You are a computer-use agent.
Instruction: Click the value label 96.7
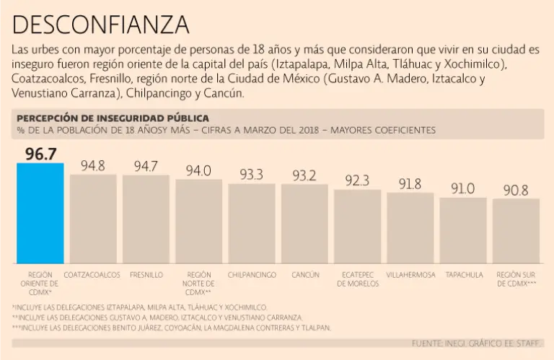[40, 154]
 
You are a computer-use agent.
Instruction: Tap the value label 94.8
[92, 166]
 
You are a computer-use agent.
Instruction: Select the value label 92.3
[357, 180]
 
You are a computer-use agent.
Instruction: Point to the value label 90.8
[516, 190]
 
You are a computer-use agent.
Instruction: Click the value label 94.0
[198, 170]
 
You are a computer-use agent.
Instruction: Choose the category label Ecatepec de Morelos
[358, 279]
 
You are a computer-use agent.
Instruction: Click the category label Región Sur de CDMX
[516, 279]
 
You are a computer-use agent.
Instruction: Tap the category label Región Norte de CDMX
[198, 284]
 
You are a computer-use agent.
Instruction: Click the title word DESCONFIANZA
[101, 25]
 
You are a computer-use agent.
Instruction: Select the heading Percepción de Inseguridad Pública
[113, 118]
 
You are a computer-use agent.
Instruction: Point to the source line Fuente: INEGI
[476, 343]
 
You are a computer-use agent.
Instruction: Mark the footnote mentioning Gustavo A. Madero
[157, 317]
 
